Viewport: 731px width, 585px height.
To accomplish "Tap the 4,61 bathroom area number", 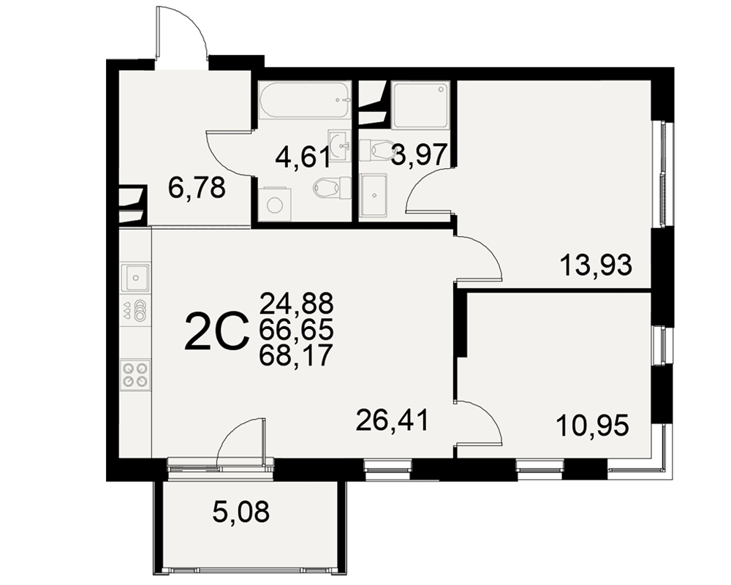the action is [x=303, y=156].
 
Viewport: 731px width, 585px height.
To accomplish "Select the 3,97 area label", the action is [x=420, y=155].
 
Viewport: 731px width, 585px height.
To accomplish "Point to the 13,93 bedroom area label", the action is [x=596, y=265].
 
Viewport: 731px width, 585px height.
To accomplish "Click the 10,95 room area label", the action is [x=593, y=425].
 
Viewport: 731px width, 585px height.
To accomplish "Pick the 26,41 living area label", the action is [x=392, y=420].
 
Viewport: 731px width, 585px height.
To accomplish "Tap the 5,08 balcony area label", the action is [x=241, y=511].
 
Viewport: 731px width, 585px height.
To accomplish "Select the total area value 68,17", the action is [x=297, y=356].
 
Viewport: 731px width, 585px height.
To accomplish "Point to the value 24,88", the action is [x=297, y=303].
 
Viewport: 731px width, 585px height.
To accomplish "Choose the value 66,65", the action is [x=297, y=330].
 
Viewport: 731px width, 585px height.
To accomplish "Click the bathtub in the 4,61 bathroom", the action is [x=304, y=100].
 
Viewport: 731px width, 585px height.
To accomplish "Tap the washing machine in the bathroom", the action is [x=274, y=203].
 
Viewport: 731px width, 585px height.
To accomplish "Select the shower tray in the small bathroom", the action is [x=420, y=105].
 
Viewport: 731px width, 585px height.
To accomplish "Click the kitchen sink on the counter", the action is [x=136, y=277].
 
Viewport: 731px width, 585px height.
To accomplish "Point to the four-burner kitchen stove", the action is [x=136, y=375].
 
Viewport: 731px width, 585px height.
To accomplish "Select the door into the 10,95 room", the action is [x=478, y=422].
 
